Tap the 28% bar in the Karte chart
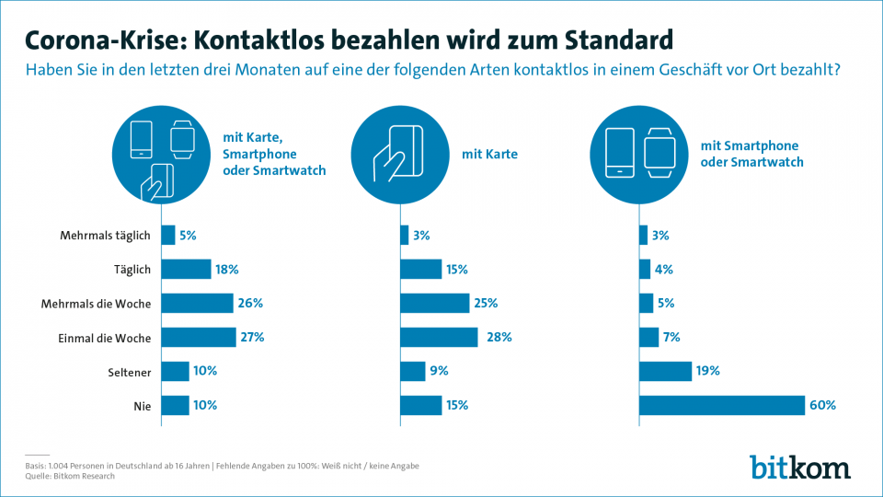439,337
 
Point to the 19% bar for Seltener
665,371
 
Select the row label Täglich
131,270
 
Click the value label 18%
228,270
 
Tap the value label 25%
487,304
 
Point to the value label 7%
671,337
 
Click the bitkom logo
799,466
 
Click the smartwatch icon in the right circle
659,153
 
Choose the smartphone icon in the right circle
620,153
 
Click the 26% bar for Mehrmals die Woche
197,304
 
